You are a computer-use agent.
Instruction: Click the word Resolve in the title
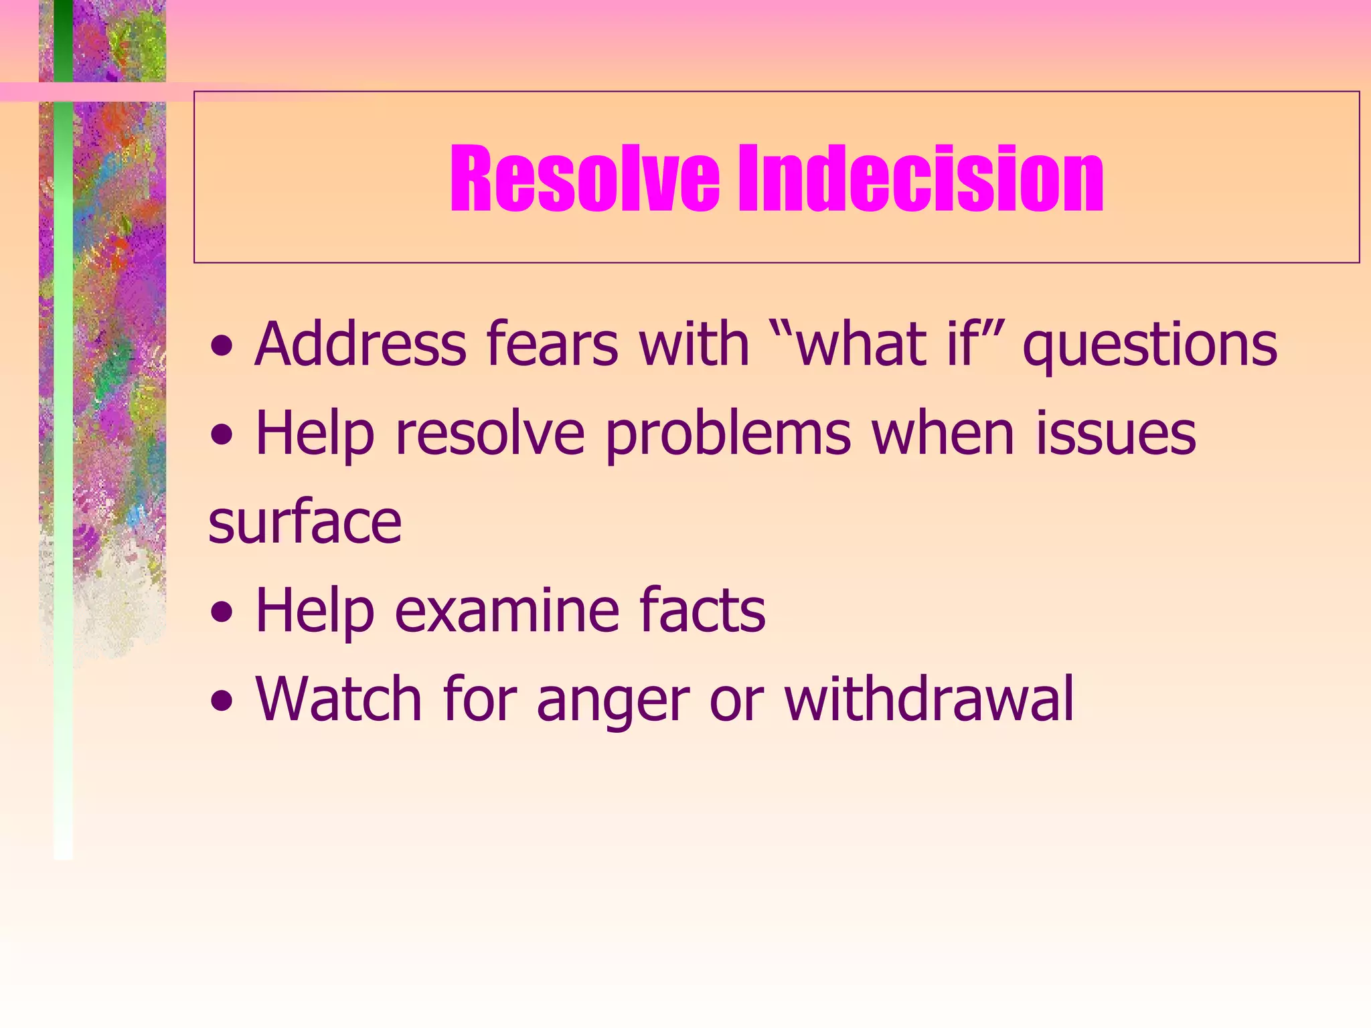tap(584, 179)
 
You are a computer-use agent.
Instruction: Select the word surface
tap(305, 522)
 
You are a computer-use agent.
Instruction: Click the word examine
tap(507, 610)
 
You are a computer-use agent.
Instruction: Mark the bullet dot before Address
tap(222, 348)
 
